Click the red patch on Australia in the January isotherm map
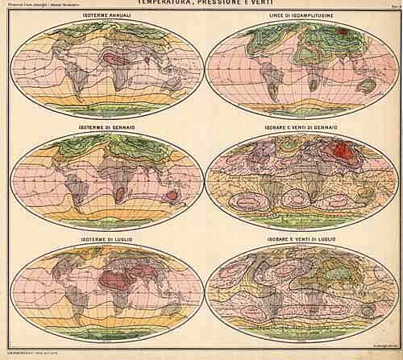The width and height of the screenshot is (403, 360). pos(170,197)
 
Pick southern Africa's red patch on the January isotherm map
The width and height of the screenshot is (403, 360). pos(120,193)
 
